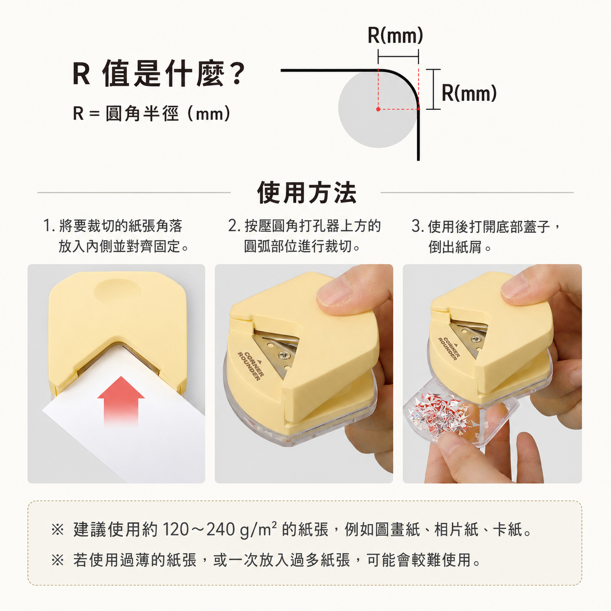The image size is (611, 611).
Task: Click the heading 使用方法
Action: coord(306,192)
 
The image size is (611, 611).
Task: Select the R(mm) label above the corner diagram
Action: coord(395,35)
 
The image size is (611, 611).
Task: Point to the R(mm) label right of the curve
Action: coord(469,93)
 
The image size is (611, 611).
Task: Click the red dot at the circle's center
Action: coord(378,109)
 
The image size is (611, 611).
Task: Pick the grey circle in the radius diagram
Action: coord(377,109)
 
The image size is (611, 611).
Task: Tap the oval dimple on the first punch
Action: coord(117,290)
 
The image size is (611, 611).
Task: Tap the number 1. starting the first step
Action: coord(49,226)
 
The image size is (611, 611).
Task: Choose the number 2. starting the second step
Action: coord(235,226)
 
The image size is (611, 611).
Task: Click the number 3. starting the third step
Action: coord(418,226)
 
